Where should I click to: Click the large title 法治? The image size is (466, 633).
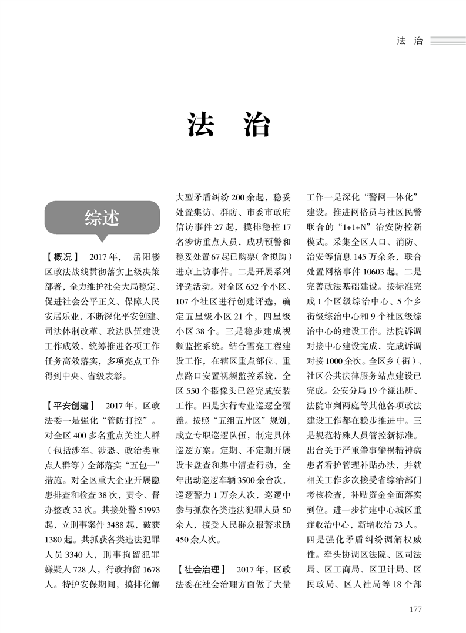click(229, 125)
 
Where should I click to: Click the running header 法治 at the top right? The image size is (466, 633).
click(410, 41)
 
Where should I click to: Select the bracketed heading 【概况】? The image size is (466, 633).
click(62, 257)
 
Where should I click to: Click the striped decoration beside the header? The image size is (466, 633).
click(447, 41)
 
